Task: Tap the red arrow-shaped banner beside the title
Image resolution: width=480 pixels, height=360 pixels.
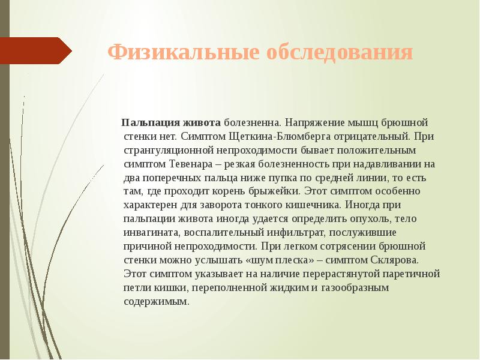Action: pyautogui.click(x=36, y=51)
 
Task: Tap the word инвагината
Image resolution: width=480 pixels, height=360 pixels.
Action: pyautogui.click(x=149, y=233)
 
